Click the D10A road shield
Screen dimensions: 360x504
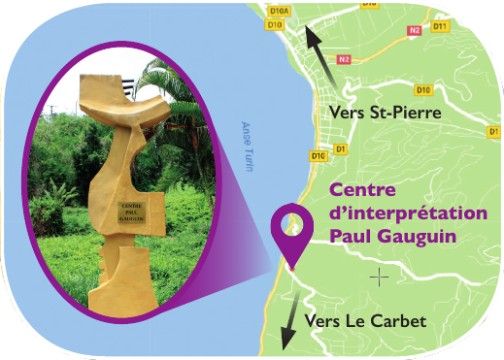tap(280, 12)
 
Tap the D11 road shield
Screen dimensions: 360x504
tap(439, 26)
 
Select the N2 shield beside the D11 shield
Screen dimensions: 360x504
tap(414, 30)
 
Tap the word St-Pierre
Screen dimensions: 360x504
tap(406, 114)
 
